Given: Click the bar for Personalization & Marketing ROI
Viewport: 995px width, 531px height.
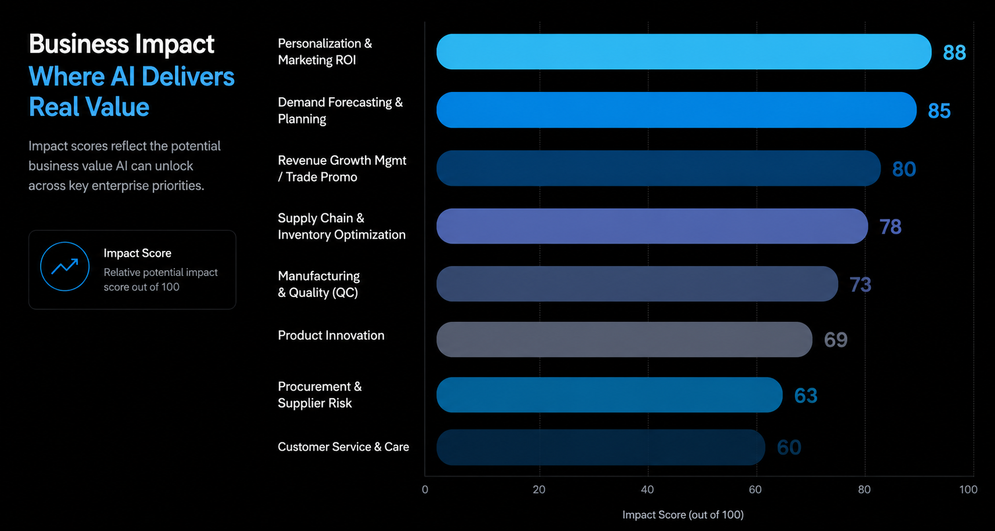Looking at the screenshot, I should point(684,52).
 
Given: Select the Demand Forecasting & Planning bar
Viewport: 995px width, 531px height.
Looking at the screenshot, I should point(676,110).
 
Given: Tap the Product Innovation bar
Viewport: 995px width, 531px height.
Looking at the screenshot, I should point(624,339).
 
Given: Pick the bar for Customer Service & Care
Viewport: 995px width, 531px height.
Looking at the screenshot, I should point(600,447).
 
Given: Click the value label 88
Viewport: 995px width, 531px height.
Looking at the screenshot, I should point(954,53).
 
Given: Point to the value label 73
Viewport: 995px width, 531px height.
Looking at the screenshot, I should point(860,285).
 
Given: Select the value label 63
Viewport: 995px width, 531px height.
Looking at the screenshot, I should point(806,395).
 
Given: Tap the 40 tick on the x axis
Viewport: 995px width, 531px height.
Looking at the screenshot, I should point(647,490).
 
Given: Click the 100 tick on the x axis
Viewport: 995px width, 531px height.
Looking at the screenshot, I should point(968,490).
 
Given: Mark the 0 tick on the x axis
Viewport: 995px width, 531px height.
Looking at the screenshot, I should point(425,490).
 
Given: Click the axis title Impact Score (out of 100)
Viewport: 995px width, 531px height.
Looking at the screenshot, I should point(683,515).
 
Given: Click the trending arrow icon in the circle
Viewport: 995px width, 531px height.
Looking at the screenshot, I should point(65,267).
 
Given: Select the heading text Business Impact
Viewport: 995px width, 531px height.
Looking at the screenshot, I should point(122,44).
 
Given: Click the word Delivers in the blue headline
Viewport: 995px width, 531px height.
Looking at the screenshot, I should point(188,77).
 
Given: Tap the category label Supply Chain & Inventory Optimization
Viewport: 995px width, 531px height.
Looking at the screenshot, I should point(341,226).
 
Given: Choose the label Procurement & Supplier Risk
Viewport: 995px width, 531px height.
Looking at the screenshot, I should point(319,395).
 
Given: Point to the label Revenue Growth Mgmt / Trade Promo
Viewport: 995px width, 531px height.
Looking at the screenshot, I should point(342,169).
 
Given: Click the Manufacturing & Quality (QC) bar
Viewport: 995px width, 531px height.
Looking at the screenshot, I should point(637,284).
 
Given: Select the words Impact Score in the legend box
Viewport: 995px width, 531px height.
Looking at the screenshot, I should point(137,253).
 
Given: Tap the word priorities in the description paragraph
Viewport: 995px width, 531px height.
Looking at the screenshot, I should point(178,186).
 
